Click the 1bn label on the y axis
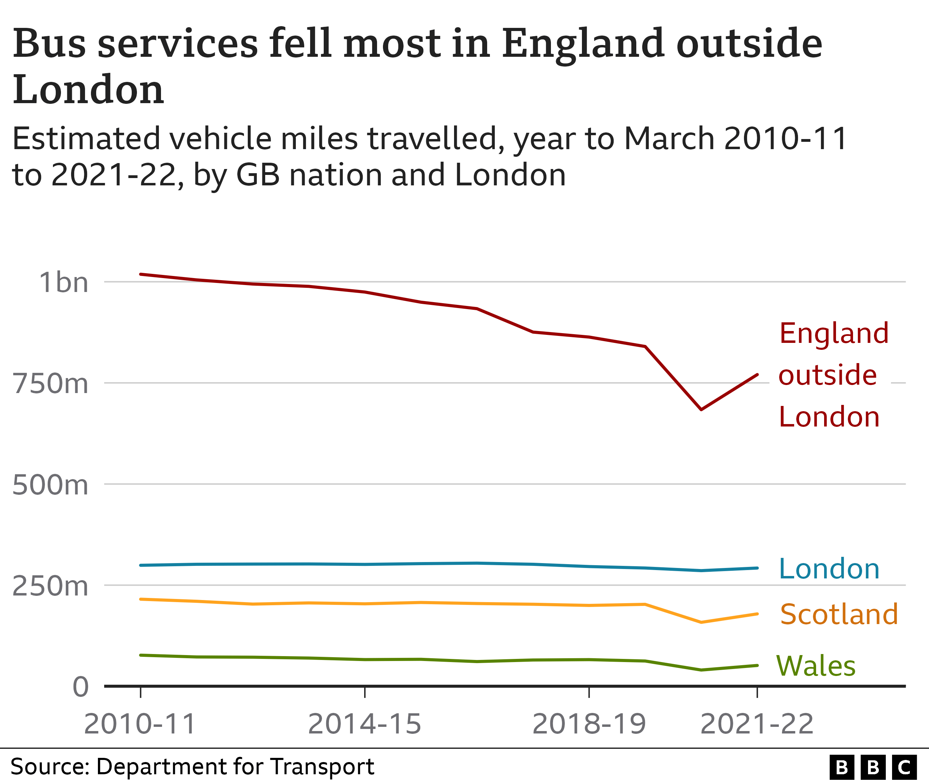(x=63, y=282)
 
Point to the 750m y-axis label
(x=50, y=384)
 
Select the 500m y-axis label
(x=50, y=485)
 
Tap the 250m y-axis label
(x=50, y=586)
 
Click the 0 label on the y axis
(x=80, y=687)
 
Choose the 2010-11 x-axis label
(x=140, y=724)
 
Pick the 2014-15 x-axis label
(x=364, y=724)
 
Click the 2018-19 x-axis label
(x=589, y=724)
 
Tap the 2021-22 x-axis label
(x=757, y=724)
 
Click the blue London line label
(x=829, y=569)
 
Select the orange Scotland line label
(x=839, y=614)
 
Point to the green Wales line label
(x=816, y=666)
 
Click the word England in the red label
(x=834, y=333)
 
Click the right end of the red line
(x=757, y=375)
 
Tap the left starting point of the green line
(x=140, y=655)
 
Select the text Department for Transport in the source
(x=235, y=767)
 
